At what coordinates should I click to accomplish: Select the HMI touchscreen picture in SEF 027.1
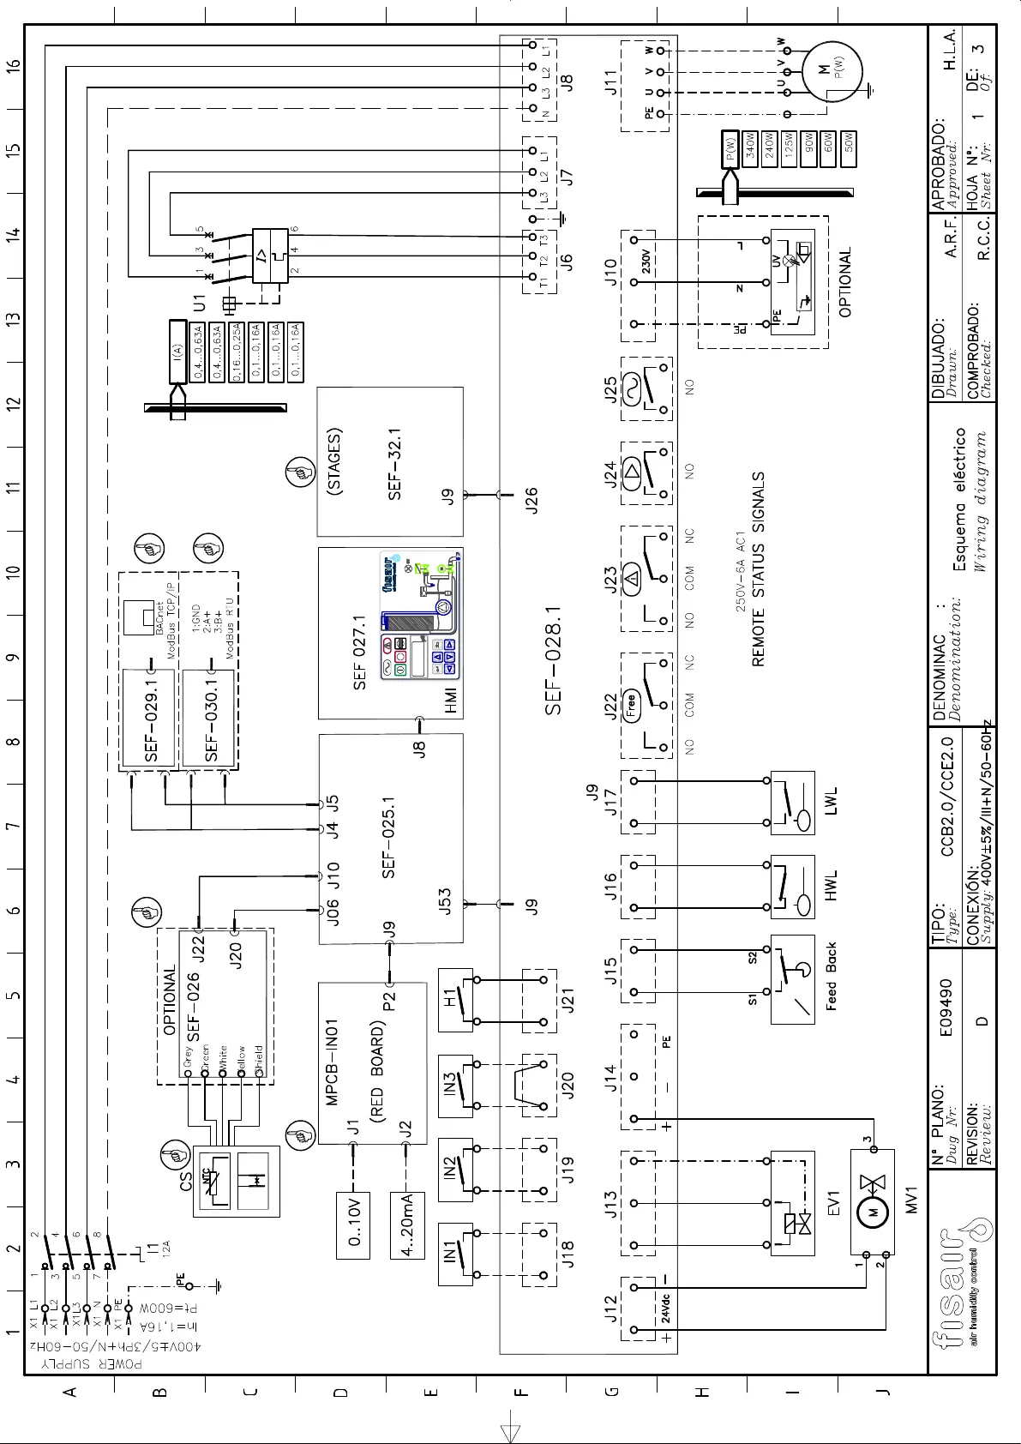pos(420,617)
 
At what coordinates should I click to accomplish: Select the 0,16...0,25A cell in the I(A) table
pos(237,351)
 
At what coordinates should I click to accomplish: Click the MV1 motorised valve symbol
pos(872,1188)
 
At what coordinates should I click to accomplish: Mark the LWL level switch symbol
pos(793,802)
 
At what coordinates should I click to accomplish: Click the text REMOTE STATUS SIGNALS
pos(760,569)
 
